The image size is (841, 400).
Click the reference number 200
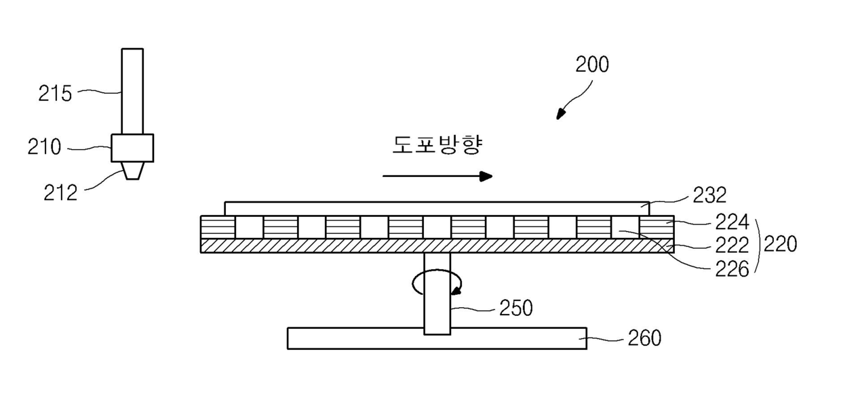(591, 65)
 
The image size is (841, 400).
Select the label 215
(55, 93)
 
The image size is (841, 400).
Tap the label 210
(44, 147)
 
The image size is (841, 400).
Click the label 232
(710, 196)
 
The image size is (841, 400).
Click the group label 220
(780, 244)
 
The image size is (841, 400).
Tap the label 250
(515, 308)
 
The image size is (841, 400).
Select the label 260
(644, 337)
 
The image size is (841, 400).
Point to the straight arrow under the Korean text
(437, 176)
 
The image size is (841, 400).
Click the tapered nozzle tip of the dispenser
(132, 170)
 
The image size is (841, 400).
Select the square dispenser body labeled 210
(132, 148)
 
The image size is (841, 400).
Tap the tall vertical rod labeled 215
(132, 91)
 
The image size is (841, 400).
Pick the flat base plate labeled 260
(437, 338)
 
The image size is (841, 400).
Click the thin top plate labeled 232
(437, 208)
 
